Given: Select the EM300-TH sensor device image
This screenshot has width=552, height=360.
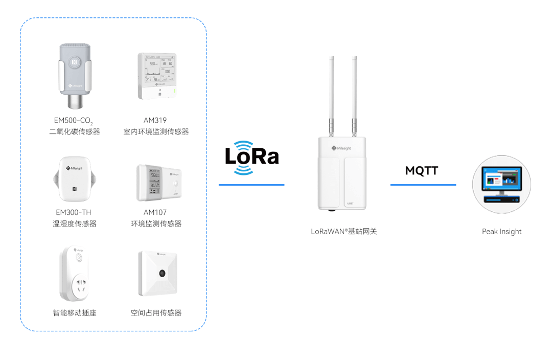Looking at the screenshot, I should tap(75, 179).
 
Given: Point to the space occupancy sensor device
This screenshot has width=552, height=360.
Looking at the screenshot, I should tap(157, 273).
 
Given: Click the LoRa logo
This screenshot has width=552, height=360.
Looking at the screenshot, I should tap(252, 157).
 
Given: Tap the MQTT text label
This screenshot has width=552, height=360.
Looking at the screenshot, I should tap(422, 171).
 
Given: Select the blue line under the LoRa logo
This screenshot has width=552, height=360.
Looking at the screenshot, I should tap(251, 185).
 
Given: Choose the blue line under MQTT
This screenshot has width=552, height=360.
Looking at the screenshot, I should tap(423, 185).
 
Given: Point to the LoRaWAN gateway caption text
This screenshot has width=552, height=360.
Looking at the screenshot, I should tap(343, 232).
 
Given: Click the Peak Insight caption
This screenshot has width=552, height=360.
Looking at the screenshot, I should tap(501, 232).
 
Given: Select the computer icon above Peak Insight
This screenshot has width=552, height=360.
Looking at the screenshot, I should tap(501, 184).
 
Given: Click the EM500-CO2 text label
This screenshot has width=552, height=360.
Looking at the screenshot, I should tap(73, 121).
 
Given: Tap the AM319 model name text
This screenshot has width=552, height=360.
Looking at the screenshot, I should tap(155, 120).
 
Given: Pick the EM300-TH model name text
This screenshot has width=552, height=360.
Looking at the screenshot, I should tap(74, 212).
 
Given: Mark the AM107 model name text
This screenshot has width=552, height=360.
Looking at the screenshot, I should tap(155, 212).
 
